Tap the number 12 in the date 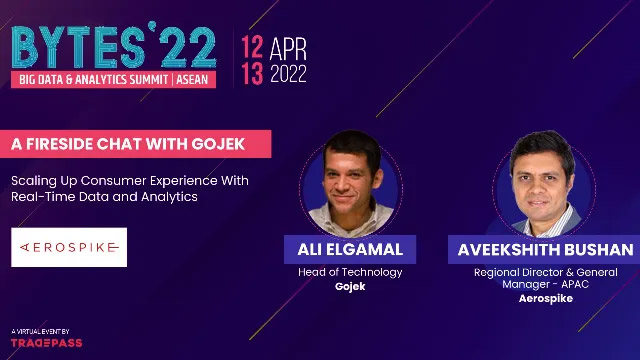251,46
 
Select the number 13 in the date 251,73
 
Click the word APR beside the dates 287,48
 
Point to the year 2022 287,73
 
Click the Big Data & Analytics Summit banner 112,78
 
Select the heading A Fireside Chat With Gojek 128,144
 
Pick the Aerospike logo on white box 69,246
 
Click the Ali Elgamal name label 350,249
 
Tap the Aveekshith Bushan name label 546,249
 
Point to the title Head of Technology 350,272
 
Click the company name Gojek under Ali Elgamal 350,286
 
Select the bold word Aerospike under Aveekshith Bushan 546,298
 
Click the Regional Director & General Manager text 546,278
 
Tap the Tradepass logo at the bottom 46,342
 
